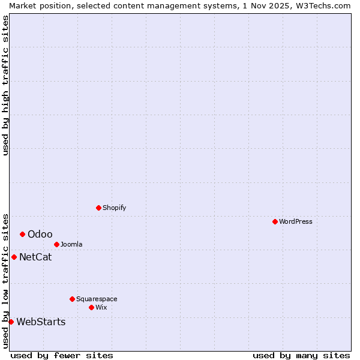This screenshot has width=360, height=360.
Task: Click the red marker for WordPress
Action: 275,221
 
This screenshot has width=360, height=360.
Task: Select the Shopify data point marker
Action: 98,208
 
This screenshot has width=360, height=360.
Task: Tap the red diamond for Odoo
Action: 22,234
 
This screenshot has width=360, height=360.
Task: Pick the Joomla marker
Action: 56,244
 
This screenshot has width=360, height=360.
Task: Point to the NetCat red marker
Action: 14,257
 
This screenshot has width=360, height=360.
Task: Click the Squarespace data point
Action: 72,299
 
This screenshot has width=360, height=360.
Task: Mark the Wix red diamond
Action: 91,307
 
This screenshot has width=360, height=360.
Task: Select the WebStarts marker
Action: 11,322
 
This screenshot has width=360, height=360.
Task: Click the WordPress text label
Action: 296,221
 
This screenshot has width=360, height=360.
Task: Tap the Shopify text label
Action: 114,208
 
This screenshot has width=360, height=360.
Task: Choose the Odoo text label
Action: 40,234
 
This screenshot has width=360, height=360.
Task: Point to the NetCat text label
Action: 35,257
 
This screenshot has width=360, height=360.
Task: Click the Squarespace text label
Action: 97,299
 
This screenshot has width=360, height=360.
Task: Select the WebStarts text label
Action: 41,322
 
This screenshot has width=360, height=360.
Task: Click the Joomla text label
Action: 71,244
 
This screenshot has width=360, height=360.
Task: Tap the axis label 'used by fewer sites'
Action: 62,355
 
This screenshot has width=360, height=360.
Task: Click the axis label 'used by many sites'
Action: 301,355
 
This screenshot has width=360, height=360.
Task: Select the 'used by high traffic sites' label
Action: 5,85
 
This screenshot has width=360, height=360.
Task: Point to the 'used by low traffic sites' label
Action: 5,280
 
